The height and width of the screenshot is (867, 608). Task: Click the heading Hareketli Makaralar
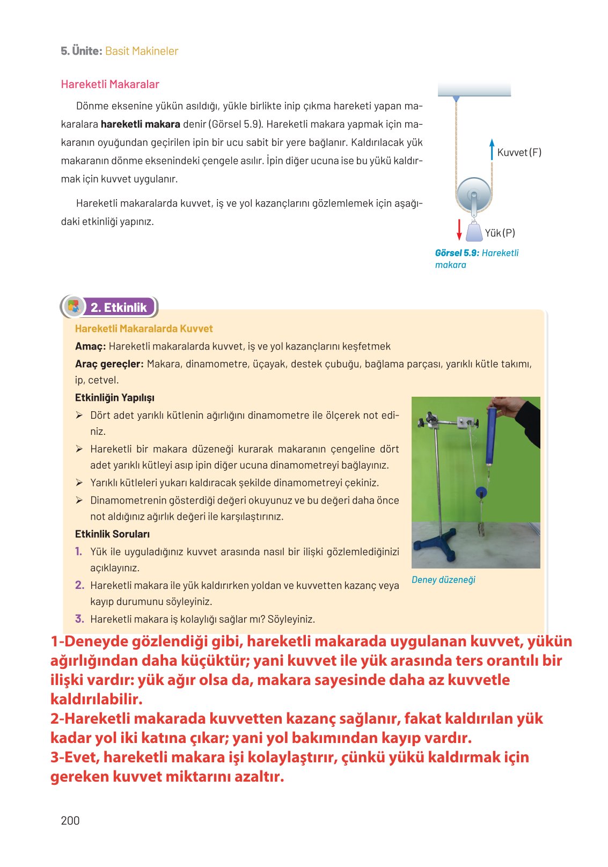(110, 84)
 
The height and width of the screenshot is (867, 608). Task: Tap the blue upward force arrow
(492, 149)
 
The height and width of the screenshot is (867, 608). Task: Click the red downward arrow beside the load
(459, 229)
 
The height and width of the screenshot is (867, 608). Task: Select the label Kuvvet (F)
(519, 152)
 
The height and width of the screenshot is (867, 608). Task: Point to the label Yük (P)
(500, 233)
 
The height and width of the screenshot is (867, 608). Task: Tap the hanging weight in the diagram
(474, 232)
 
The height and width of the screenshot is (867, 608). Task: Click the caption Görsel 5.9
(457, 253)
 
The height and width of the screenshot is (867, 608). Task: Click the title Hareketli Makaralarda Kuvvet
(144, 329)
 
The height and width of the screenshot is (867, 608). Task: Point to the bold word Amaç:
(90, 346)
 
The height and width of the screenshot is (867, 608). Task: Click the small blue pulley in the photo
(481, 492)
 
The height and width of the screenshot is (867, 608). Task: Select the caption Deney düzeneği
(443, 580)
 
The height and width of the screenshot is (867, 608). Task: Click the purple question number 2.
(79, 585)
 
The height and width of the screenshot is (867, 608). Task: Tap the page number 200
(70, 820)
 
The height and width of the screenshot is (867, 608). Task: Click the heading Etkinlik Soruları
(112, 534)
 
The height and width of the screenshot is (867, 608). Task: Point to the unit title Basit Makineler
(142, 51)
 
